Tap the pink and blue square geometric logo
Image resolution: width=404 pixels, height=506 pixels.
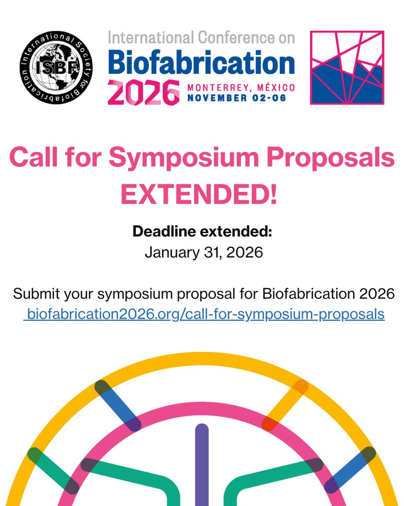(x=347, y=67)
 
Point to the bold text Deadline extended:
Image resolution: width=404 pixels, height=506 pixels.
(x=202, y=231)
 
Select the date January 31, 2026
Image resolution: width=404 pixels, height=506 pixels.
(x=204, y=252)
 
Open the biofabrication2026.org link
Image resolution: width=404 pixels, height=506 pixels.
(x=204, y=314)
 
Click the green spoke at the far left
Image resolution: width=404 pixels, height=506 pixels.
(x=53, y=470)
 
